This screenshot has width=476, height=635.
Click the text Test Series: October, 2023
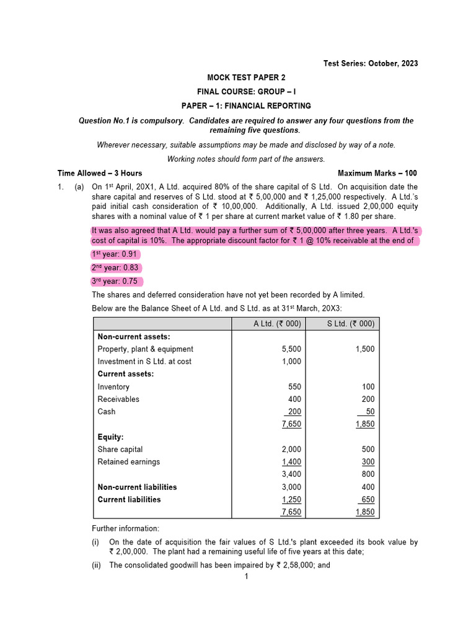coord(371,63)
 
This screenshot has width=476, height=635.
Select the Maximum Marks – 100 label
coord(377,173)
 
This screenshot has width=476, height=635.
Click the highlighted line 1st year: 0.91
coord(115,254)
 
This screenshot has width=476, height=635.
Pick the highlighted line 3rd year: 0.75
coord(115,281)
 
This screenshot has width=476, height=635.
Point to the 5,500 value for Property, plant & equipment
coord(291,349)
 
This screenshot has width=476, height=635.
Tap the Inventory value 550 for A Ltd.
coord(294,387)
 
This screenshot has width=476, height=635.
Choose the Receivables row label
coord(118,399)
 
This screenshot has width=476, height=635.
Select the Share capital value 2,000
coord(291,450)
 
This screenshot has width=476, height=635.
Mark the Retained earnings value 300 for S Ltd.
coord(368,462)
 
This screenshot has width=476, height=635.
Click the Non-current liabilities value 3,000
coord(291,487)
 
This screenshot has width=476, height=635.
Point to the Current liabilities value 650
coord(368,500)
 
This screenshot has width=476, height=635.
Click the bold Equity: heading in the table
coord(110,437)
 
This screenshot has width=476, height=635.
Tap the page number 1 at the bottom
coord(246,577)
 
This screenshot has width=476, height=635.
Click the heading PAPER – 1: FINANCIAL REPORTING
coord(246,106)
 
